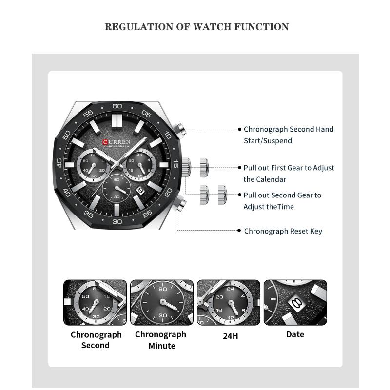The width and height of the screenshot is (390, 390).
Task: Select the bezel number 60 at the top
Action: [x=117, y=106]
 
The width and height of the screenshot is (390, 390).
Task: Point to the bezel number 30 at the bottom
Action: [x=117, y=221]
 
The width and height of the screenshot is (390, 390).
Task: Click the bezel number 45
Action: [x=60, y=164]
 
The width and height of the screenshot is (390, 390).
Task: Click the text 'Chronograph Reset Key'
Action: [x=283, y=231]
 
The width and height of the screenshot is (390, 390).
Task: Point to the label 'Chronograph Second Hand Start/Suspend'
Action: [x=288, y=135]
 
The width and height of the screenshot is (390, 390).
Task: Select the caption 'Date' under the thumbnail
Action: [x=295, y=334]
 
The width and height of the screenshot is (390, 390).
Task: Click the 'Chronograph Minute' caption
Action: [x=161, y=340]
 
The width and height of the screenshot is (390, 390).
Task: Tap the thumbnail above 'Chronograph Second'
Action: [x=95, y=302]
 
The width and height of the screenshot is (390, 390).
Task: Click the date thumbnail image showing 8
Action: [x=295, y=302]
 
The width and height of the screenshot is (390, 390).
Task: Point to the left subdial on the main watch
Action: [x=92, y=166]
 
